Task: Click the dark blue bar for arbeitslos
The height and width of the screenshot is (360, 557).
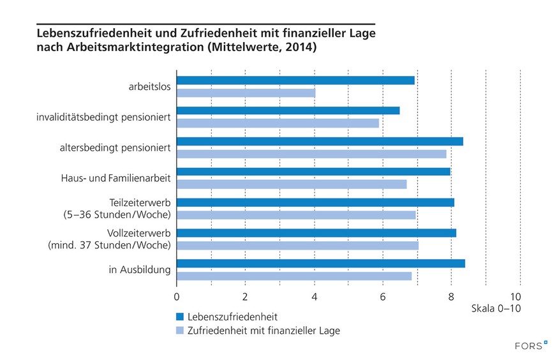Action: click(x=295, y=80)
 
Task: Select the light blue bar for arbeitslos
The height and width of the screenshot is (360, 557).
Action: click(x=246, y=93)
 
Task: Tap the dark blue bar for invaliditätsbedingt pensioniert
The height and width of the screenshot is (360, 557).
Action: click(x=288, y=110)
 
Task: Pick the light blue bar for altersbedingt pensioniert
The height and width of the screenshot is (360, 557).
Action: click(x=311, y=154)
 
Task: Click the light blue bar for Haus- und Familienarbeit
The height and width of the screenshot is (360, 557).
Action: click(x=292, y=184)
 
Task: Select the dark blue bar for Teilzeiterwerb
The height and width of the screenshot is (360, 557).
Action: click(x=315, y=202)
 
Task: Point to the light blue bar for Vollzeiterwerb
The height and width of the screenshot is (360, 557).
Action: click(x=297, y=245)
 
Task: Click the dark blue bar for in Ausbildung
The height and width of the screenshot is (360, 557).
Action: click(x=320, y=264)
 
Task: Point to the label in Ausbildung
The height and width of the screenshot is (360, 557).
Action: click(x=140, y=269)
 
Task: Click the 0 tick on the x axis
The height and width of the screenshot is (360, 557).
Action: click(x=177, y=296)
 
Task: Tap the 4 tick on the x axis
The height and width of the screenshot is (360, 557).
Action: click(x=315, y=296)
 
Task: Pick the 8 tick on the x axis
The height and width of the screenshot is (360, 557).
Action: click(x=452, y=296)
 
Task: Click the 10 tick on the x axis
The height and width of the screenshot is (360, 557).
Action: click(x=516, y=296)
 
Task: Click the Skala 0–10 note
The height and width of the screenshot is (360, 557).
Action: click(x=496, y=308)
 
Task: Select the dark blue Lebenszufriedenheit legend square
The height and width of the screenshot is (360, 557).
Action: click(x=180, y=317)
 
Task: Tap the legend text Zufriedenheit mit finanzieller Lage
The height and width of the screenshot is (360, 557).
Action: click(x=264, y=331)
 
